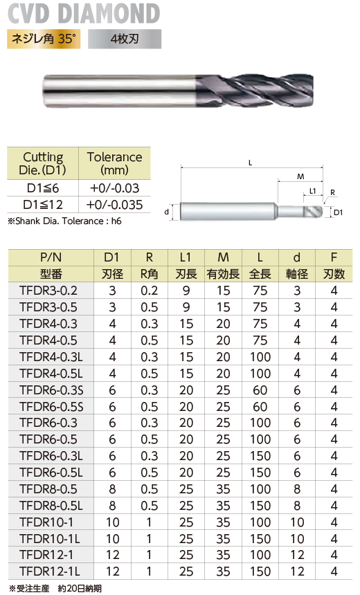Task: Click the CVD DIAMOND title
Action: pyautogui.click(x=84, y=13)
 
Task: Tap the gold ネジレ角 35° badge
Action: pyautogui.click(x=44, y=39)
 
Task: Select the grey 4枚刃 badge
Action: pyautogui.click(x=125, y=39)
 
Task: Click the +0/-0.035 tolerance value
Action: pyautogui.click(x=114, y=205)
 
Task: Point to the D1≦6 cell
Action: pyautogui.click(x=42, y=187)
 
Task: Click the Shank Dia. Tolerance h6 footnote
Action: pyautogui.click(x=64, y=221)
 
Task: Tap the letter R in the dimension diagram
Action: pyautogui.click(x=333, y=192)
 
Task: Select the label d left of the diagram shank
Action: pyautogui.click(x=166, y=212)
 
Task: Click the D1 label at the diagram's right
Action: pyautogui.click(x=338, y=212)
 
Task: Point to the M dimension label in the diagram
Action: pyautogui.click(x=300, y=176)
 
